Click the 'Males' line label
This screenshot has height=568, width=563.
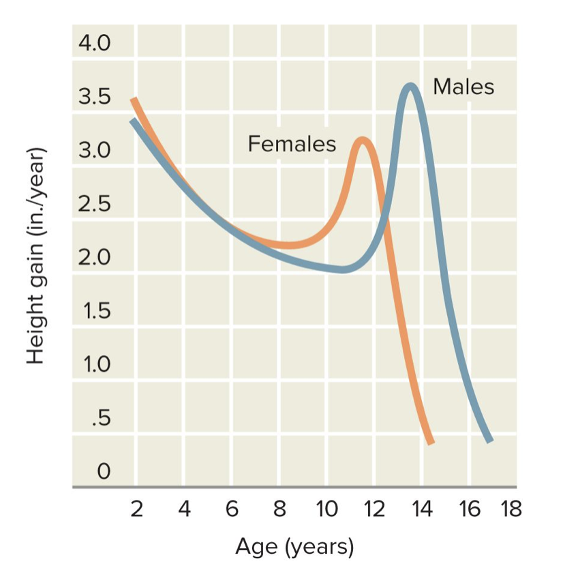tap(463, 87)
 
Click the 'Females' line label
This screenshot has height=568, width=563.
tap(292, 144)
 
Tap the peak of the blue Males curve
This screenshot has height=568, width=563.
tap(410, 87)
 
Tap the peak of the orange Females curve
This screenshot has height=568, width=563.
tap(362, 141)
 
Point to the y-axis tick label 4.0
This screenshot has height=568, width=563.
tap(94, 44)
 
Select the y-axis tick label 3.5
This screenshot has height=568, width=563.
tap(94, 97)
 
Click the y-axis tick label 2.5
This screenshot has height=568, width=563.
tap(94, 204)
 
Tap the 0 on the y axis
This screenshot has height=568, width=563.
tap(102, 471)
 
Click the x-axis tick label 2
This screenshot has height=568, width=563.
tap(136, 509)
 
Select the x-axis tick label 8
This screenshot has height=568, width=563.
tap(279, 509)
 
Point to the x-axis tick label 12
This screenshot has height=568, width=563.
tap(373, 509)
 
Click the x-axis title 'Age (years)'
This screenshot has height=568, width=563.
tap(294, 546)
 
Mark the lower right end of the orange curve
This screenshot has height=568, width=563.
tap(430, 442)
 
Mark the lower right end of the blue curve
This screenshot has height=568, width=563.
tap(489, 440)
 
